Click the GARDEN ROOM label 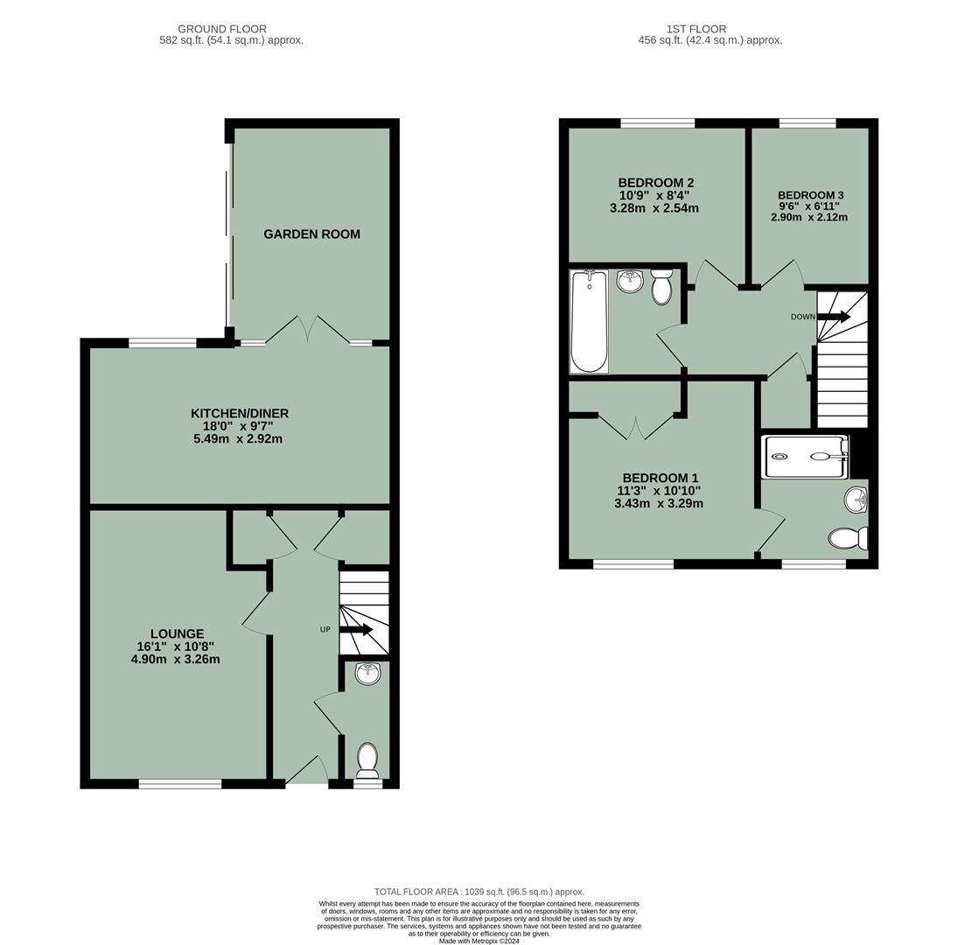(311, 234)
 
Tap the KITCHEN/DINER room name (239, 414)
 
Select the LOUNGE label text (177, 634)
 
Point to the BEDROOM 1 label (660, 479)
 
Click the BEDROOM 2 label (655, 183)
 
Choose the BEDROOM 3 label (810, 195)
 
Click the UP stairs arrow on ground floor (356, 629)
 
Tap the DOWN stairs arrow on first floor (833, 317)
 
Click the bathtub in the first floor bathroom (589, 320)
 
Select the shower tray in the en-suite (805, 457)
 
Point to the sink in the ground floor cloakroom (367, 674)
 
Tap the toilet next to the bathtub (661, 287)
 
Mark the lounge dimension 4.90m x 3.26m (175, 660)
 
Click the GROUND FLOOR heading (222, 29)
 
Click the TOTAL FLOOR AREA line (479, 892)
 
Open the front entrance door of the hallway (306, 770)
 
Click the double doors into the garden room (308, 330)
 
